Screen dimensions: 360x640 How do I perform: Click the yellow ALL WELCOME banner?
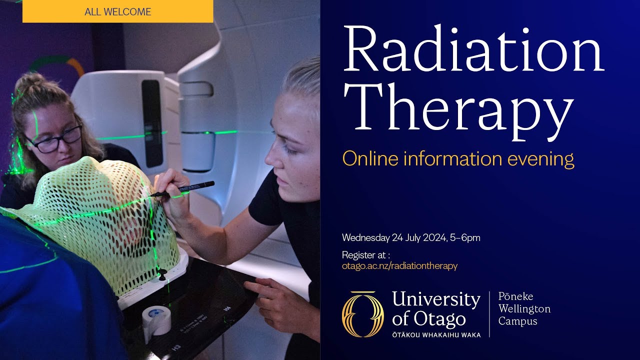pos(117,11)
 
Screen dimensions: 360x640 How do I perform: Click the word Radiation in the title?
pos(473,50)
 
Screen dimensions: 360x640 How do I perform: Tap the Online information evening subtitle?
pos(457,159)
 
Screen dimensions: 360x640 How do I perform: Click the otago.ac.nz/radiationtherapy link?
pos(399,266)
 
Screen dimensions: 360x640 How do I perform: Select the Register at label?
pos(365,254)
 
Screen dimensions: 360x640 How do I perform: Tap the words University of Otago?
pos(435,308)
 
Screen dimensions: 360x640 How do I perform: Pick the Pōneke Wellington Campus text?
pos(524,308)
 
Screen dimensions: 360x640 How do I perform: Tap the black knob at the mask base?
pos(162,273)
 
